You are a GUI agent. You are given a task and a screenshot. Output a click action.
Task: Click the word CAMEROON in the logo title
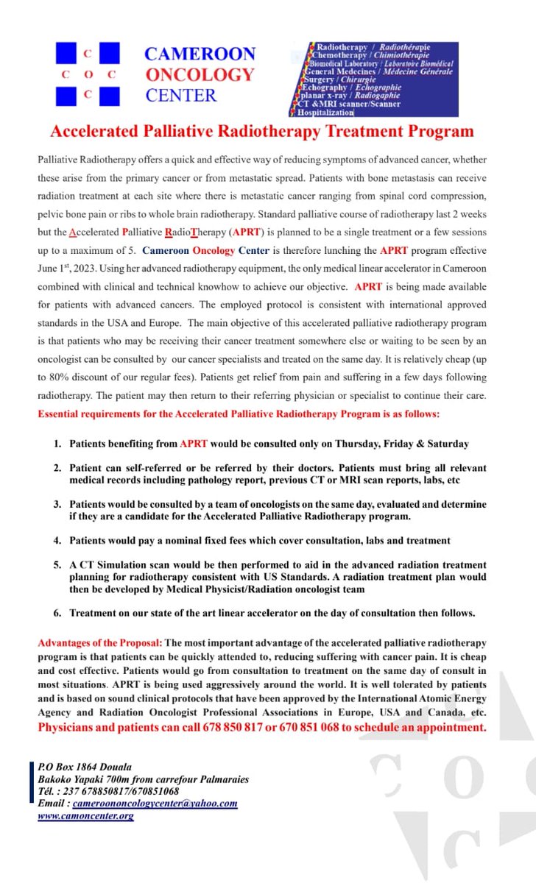(x=200, y=54)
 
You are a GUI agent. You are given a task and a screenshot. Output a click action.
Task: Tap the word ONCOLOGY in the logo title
(x=200, y=74)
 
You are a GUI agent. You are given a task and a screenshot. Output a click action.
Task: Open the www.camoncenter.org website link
(x=85, y=815)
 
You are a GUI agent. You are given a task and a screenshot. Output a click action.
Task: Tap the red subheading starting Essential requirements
(x=239, y=414)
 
